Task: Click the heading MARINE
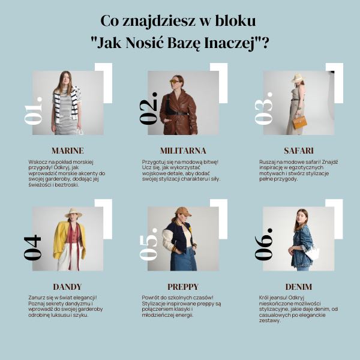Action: tap(68, 151)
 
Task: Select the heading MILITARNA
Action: tap(183, 151)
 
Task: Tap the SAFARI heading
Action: tap(299, 151)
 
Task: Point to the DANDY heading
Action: tap(67, 287)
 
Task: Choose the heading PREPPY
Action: tap(183, 287)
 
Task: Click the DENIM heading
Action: tap(299, 287)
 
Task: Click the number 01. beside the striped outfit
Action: tap(33, 111)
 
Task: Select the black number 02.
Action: tap(148, 109)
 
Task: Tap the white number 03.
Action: tap(263, 109)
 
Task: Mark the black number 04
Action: tap(32, 247)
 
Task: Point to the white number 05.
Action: tap(148, 244)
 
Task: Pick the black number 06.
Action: tap(263, 244)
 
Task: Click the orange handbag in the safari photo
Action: tap(300, 122)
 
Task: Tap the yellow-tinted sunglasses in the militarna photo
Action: tap(175, 81)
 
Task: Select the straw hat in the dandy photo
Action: tap(73, 213)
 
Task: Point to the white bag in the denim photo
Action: tap(313, 253)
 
